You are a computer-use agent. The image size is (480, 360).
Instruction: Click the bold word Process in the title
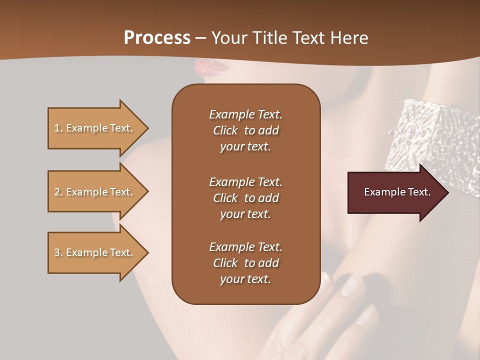pyautogui.click(x=157, y=38)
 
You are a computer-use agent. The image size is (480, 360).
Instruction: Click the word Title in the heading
pyautogui.click(x=270, y=38)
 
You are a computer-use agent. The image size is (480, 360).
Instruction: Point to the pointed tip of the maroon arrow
pyautogui.click(x=447, y=192)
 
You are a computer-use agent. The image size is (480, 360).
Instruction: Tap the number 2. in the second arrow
pyautogui.click(x=58, y=192)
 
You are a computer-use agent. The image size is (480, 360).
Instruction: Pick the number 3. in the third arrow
pyautogui.click(x=58, y=252)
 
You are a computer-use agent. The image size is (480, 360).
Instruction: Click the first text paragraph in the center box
pyautogui.click(x=245, y=130)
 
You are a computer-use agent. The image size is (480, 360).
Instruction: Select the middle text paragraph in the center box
pyautogui.click(x=245, y=197)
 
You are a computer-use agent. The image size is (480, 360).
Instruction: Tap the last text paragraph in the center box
pyautogui.click(x=245, y=263)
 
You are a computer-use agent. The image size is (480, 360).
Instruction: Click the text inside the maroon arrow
pyautogui.click(x=397, y=192)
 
